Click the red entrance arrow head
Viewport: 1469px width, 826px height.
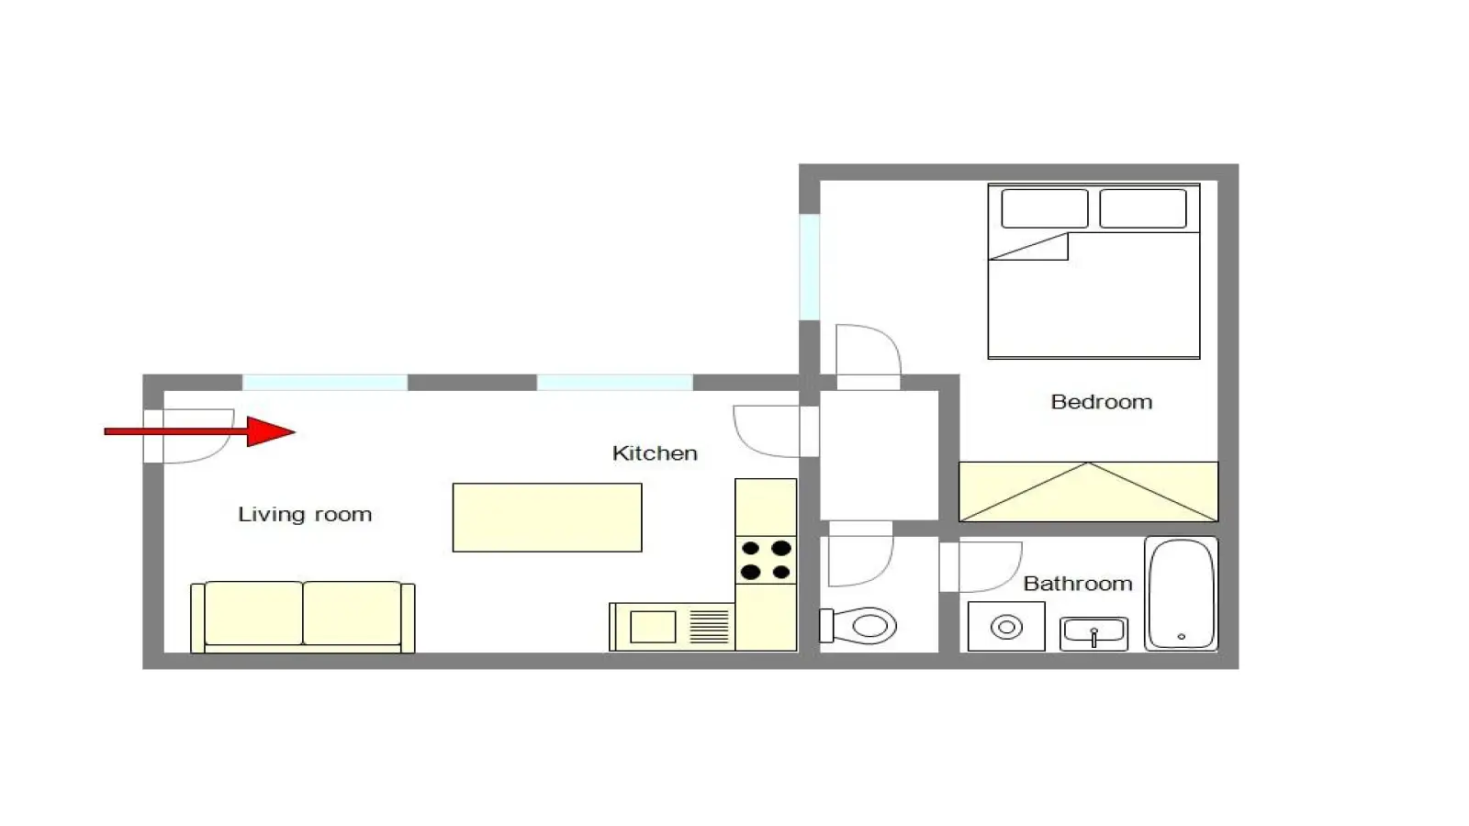coord(271,431)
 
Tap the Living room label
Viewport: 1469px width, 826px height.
coord(305,514)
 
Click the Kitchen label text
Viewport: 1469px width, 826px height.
coord(655,453)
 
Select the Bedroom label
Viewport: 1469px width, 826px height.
coord(1101,402)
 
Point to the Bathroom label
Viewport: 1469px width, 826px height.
coord(1078,584)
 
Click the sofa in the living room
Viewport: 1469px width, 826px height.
coord(302,617)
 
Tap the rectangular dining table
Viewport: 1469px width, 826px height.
coord(547,518)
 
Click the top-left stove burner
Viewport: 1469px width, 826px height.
coord(750,548)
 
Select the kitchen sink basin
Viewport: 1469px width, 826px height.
coord(653,626)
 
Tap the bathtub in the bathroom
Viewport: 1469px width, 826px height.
coord(1181,594)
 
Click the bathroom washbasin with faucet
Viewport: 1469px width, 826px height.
coord(1093,633)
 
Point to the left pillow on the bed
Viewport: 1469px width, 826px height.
coord(1045,208)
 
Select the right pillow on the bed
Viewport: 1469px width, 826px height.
coord(1143,208)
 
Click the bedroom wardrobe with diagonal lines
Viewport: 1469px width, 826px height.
coord(1089,492)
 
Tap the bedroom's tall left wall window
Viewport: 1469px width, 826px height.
coord(809,267)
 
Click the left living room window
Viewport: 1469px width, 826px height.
coord(325,382)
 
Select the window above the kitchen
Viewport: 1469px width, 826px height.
coord(615,382)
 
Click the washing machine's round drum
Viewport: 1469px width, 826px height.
coord(1006,627)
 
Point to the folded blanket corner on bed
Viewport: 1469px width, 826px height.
coord(1029,247)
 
